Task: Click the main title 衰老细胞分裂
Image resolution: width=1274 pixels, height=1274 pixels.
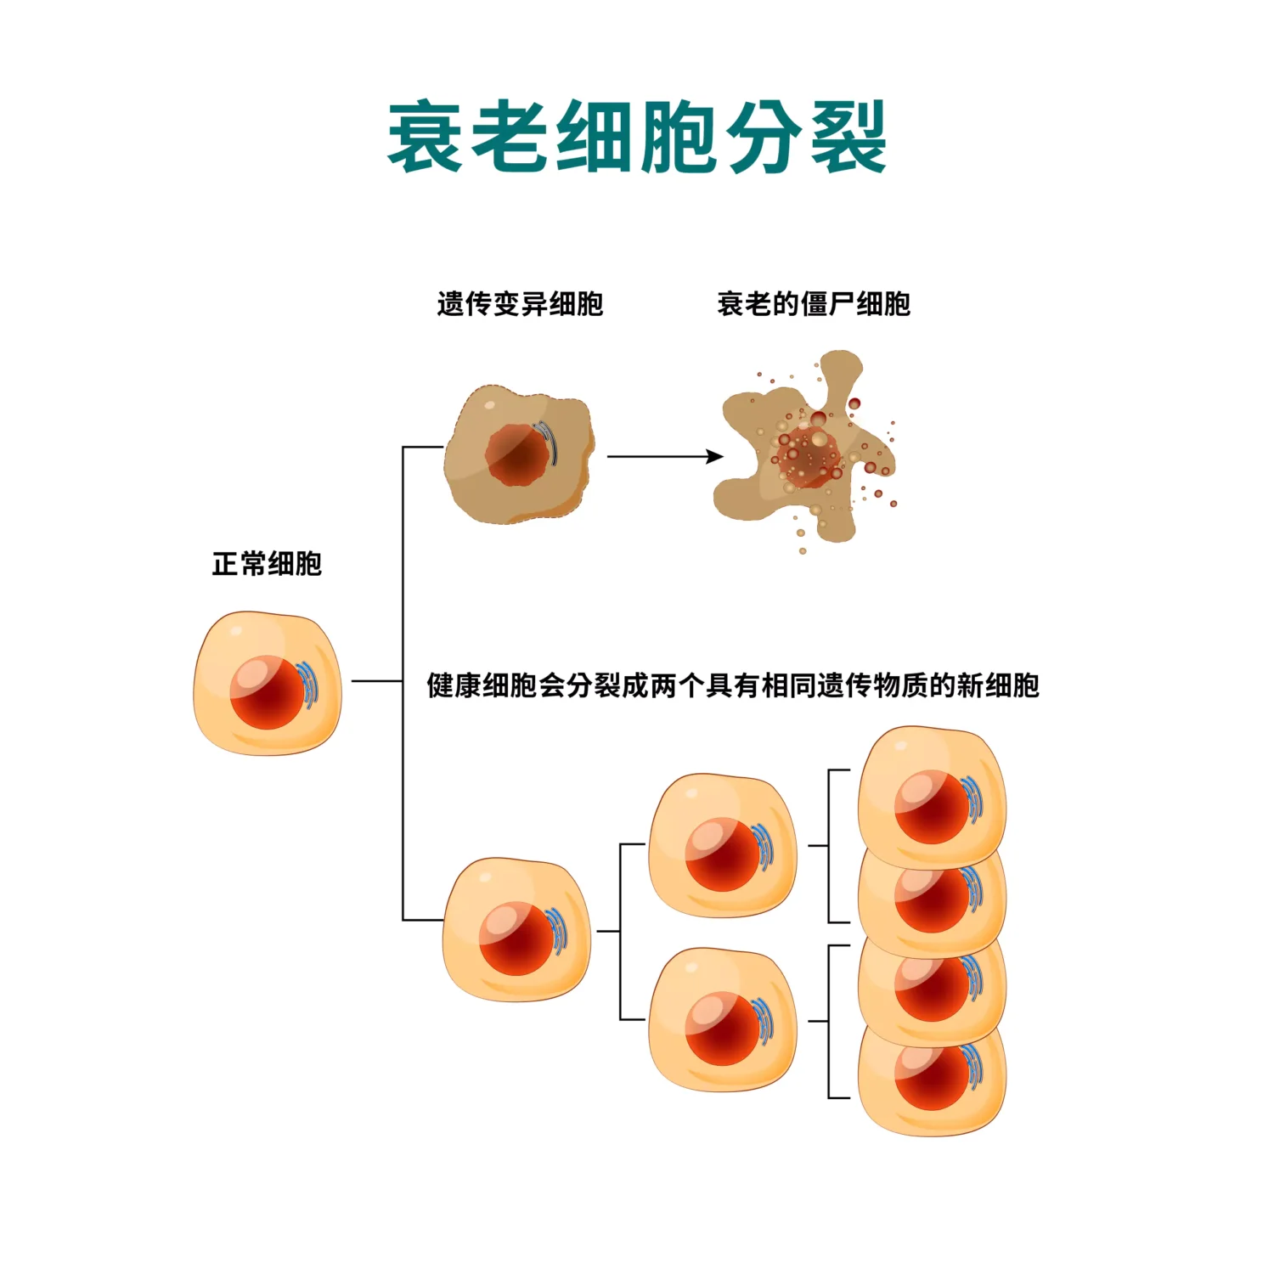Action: coord(637,138)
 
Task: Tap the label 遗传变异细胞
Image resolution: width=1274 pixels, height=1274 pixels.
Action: coord(520,304)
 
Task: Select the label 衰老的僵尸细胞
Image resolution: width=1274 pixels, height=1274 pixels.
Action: coord(813,304)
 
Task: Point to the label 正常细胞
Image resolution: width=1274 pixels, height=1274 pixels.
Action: coord(267,564)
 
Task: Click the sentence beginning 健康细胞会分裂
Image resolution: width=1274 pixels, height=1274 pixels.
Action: coord(732,685)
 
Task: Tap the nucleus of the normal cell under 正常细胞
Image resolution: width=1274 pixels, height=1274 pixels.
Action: coord(267,692)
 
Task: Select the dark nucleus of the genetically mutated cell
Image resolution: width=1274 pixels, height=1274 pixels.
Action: coord(516,455)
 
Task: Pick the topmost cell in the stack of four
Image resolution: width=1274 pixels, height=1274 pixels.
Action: coord(931,794)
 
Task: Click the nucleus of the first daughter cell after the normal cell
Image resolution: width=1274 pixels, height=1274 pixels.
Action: coord(516,938)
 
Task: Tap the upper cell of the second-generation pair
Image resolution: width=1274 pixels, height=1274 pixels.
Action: coord(722,845)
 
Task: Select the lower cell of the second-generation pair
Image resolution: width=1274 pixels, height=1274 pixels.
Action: coord(722,1019)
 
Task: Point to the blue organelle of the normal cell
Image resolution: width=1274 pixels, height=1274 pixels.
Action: coord(311,684)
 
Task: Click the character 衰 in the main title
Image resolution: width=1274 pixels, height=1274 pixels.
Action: coord(425,138)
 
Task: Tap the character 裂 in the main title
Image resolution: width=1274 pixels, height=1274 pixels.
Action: coord(848,138)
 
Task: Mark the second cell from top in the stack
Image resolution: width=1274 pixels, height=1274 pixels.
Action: coord(931,900)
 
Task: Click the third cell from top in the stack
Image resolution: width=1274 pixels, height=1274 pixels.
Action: coord(931,989)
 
